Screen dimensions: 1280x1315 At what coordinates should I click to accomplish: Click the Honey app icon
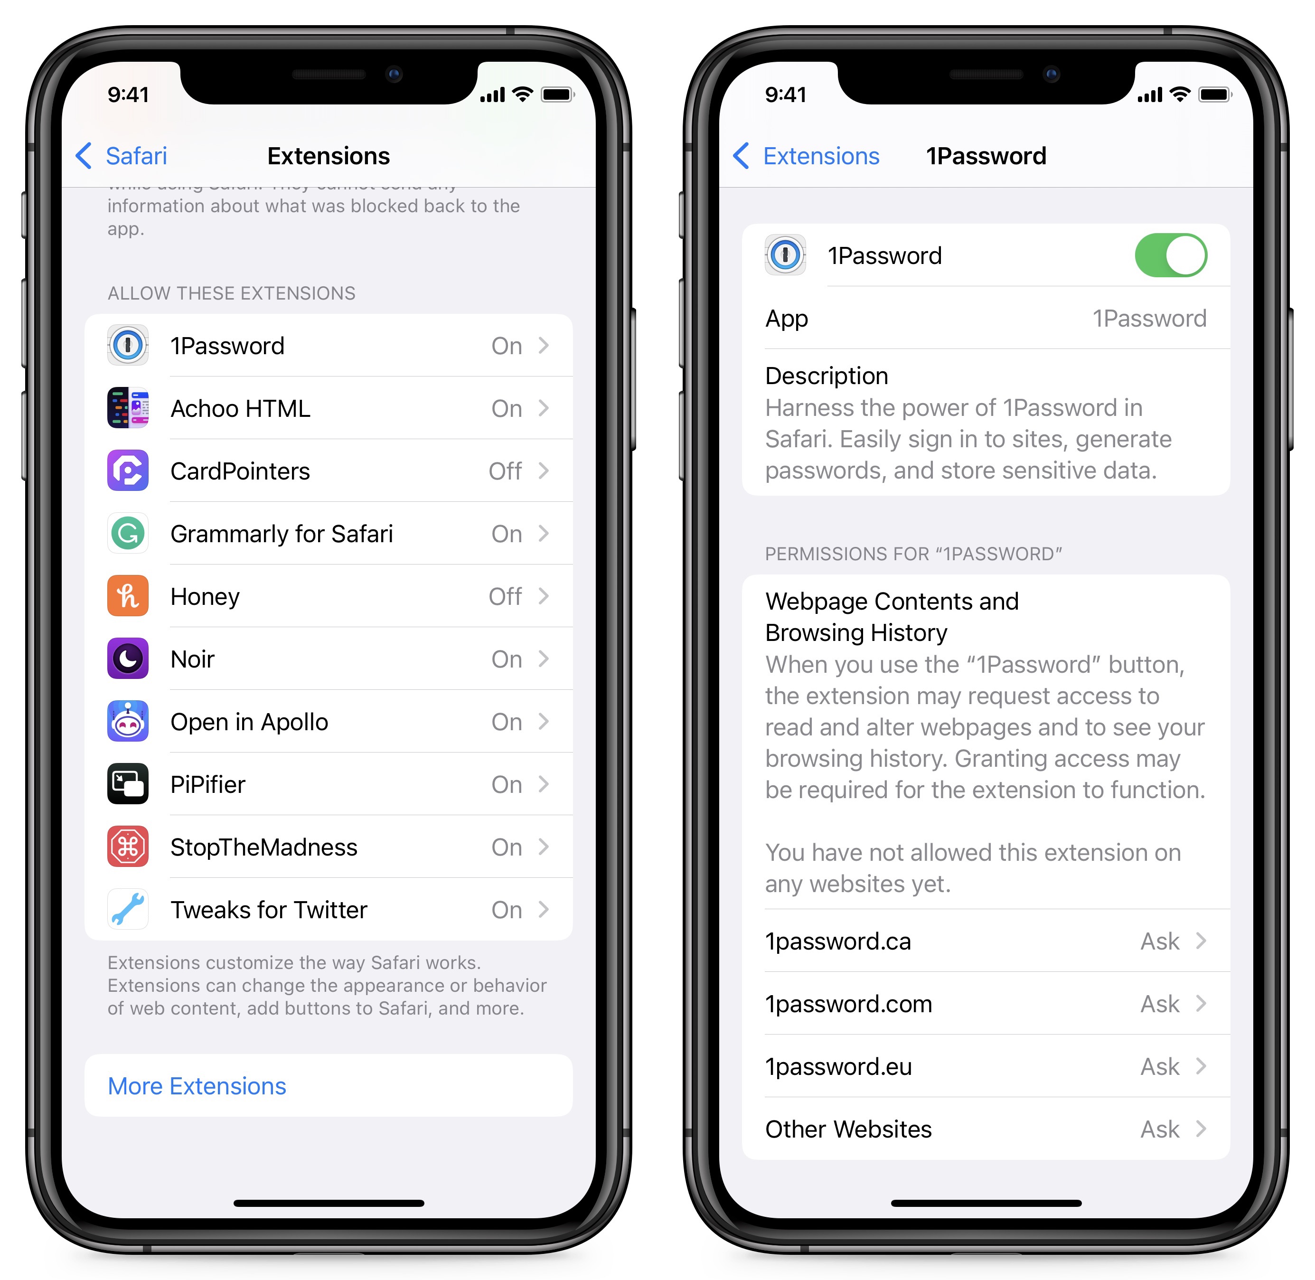pos(128,596)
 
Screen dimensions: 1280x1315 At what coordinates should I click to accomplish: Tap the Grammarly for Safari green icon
pos(128,534)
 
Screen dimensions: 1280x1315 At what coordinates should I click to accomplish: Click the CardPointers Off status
pos(505,471)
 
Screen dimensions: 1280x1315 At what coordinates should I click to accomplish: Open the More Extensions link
pos(197,1086)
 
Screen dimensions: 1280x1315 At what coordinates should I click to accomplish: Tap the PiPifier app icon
pos(128,784)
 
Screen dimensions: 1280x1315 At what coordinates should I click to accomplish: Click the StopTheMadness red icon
pos(128,847)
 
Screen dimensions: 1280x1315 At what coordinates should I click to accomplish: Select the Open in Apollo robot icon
pos(128,721)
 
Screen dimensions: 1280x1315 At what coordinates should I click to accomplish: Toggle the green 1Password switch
pos(1171,255)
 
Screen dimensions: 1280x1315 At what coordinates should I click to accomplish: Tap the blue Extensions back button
pos(807,156)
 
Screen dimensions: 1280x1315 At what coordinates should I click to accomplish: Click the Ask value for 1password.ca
pos(1160,941)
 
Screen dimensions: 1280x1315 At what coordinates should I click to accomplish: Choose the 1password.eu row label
pos(838,1067)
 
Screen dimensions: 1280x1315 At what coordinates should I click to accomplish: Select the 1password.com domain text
pos(848,1004)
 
